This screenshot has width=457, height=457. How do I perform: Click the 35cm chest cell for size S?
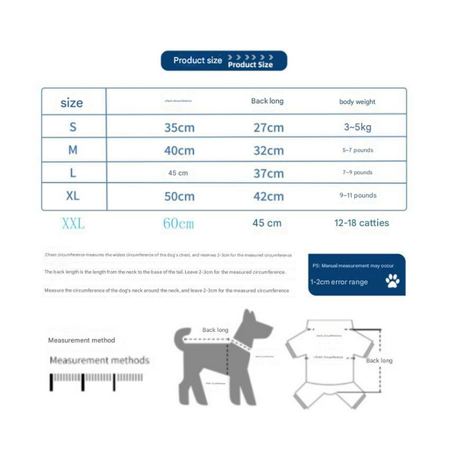point(180,127)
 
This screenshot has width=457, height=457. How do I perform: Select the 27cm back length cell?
point(268,127)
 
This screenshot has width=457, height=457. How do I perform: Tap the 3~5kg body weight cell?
point(357,127)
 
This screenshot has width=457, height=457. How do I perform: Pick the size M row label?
point(72,150)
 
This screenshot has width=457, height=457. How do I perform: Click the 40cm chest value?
point(180,150)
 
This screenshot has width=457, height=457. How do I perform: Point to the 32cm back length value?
point(268,150)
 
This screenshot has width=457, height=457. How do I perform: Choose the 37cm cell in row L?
point(268,173)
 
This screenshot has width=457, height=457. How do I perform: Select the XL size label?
point(72,196)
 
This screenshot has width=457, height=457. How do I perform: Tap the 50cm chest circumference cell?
point(180,196)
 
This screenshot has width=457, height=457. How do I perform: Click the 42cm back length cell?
point(268,196)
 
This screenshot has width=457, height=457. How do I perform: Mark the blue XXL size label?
point(73,224)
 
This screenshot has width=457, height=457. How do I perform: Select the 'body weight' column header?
point(357,101)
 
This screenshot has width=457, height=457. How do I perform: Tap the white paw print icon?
point(392,283)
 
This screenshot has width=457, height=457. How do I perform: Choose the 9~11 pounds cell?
point(357,196)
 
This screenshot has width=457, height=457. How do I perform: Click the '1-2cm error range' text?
point(338,283)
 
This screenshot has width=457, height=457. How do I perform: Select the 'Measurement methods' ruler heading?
point(100,360)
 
